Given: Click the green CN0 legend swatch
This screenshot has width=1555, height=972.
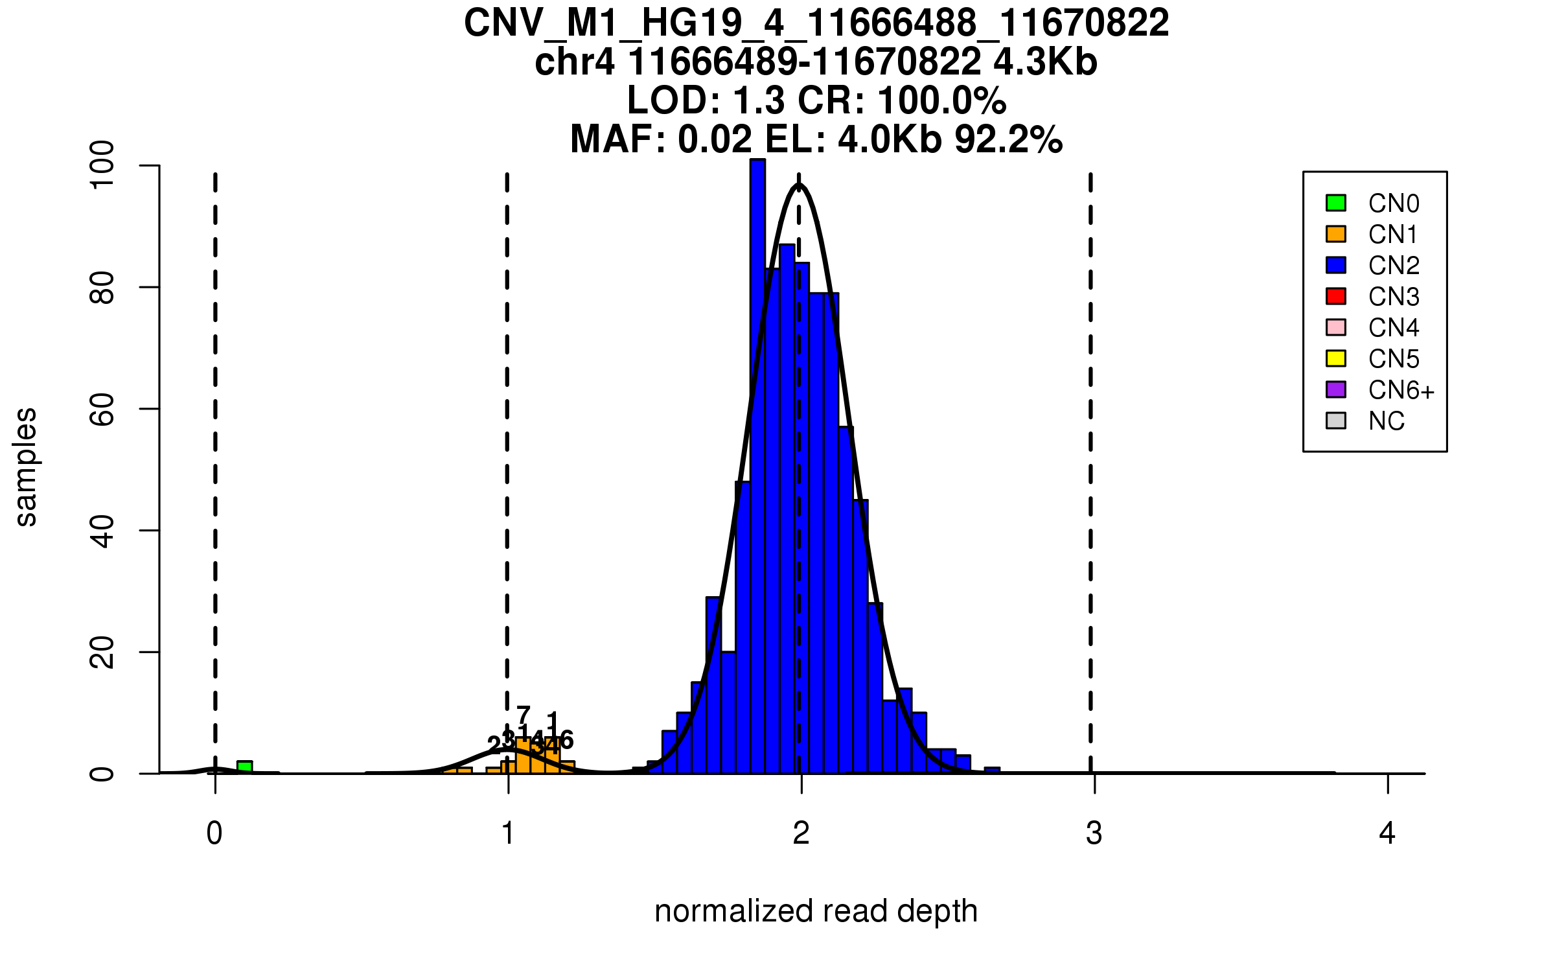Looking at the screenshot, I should pyautogui.click(x=1336, y=203).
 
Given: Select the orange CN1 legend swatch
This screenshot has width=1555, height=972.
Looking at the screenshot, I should pyautogui.click(x=1336, y=234).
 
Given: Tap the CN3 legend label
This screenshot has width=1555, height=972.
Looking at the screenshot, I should pyautogui.click(x=1394, y=297).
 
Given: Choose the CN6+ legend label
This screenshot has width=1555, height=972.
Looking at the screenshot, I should pyautogui.click(x=1401, y=390).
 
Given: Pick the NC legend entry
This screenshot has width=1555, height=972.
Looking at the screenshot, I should pyautogui.click(x=1386, y=421).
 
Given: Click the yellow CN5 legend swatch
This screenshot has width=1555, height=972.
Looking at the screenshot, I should pyautogui.click(x=1336, y=358).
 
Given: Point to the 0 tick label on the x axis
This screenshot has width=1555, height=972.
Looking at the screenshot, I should pyautogui.click(x=214, y=833).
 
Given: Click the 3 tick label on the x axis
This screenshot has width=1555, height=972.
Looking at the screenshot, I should pyautogui.click(x=1094, y=833).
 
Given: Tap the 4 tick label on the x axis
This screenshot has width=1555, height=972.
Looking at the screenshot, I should pyautogui.click(x=1387, y=833).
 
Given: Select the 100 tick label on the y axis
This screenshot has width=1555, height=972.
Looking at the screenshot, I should pyautogui.click(x=102, y=166).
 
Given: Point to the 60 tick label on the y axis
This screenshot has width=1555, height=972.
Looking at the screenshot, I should pyautogui.click(x=102, y=409).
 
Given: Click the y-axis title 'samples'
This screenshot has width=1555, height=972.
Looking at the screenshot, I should pyautogui.click(x=26, y=467).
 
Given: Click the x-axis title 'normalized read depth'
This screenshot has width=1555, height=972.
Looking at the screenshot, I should pyautogui.click(x=816, y=911).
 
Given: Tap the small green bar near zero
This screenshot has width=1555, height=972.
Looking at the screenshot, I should pyautogui.click(x=244, y=767).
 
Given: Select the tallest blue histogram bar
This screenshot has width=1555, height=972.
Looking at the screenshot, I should pyautogui.click(x=757, y=467).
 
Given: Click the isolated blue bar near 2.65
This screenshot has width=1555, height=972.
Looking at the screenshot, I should pyautogui.click(x=992, y=770).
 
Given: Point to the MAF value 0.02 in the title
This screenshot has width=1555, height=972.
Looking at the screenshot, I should pyautogui.click(x=715, y=139).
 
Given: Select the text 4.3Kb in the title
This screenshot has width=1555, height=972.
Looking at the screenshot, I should pyautogui.click(x=1045, y=63).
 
